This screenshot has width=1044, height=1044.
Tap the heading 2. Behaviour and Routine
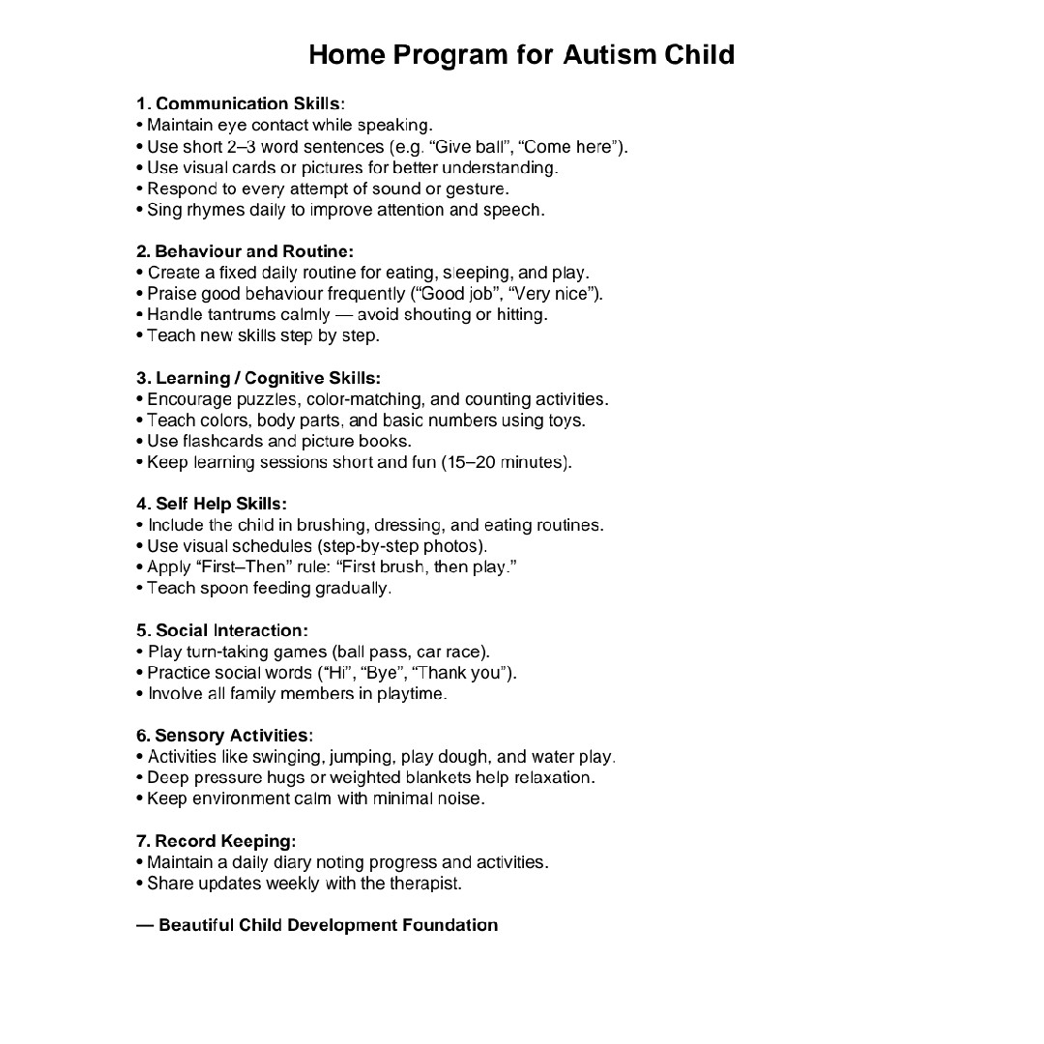245,251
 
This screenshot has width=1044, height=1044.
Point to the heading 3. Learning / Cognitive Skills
258,378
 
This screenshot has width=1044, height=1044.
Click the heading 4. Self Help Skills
212,504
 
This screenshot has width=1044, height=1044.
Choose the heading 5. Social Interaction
222,630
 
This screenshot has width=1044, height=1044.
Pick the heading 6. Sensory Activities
224,736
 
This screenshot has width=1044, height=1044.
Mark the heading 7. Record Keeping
217,841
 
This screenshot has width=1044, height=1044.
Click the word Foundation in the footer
449,925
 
